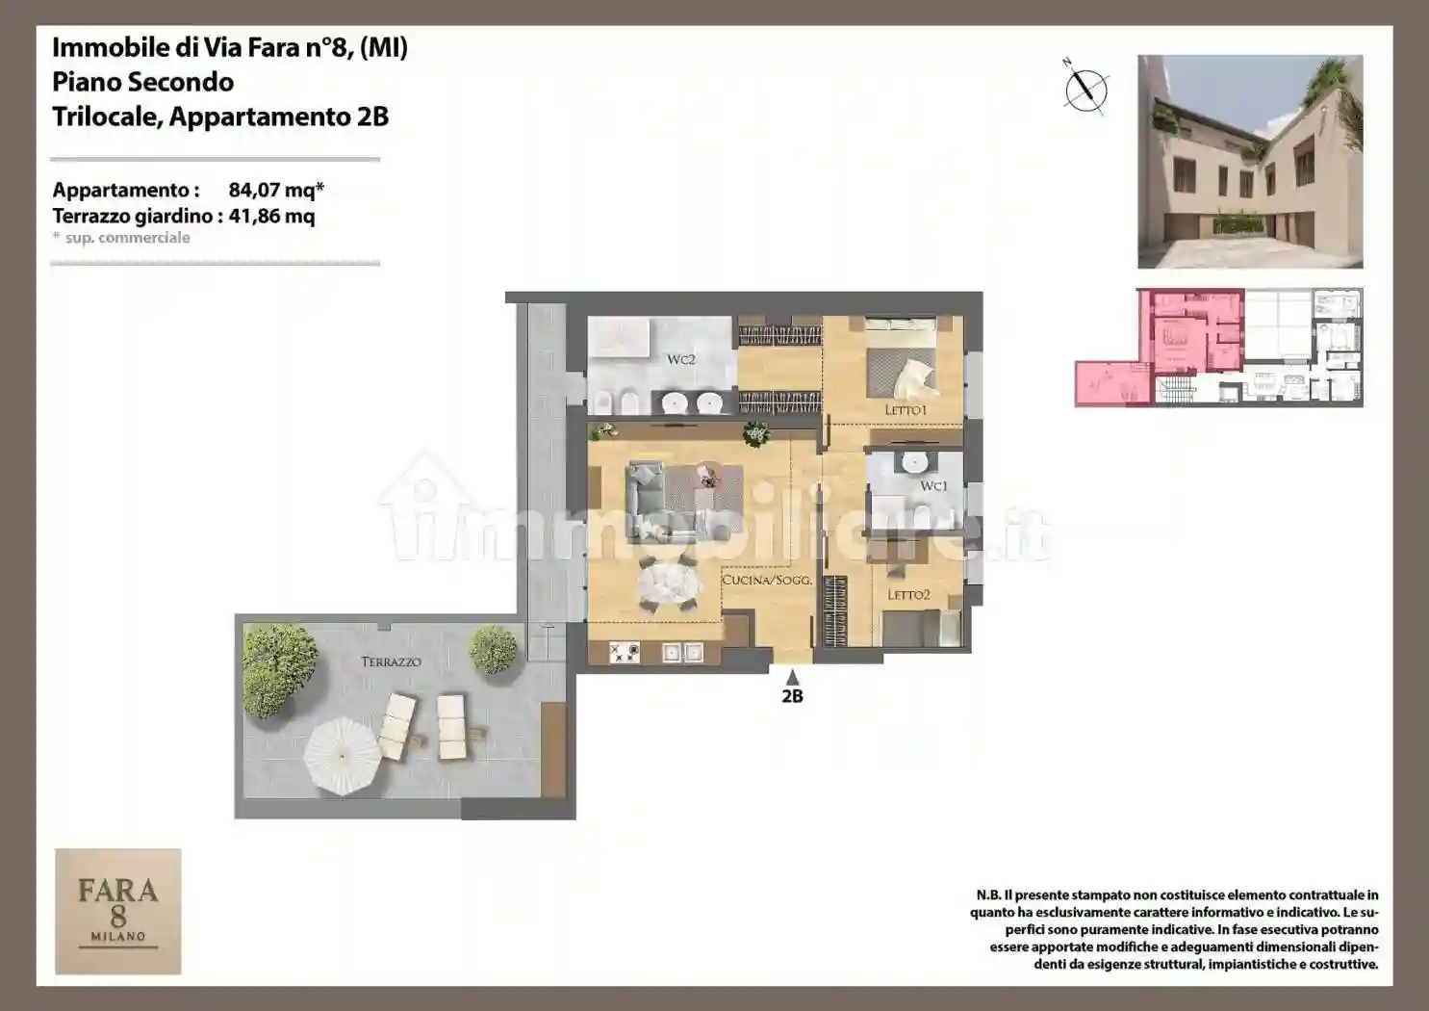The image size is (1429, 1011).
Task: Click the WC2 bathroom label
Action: point(680,359)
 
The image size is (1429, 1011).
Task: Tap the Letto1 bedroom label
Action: point(906,410)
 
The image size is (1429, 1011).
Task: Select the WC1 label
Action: point(933,485)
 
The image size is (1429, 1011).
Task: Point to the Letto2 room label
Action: point(908,595)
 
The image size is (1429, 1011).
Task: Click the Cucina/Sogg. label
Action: point(767,581)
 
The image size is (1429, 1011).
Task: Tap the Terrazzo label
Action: point(391,661)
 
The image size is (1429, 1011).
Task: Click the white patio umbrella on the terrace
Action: point(344,757)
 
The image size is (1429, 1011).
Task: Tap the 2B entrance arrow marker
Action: point(792,677)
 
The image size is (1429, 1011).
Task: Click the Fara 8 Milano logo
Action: point(118,911)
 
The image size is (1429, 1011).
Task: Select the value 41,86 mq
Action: point(271,216)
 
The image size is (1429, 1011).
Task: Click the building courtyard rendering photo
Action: point(1250,162)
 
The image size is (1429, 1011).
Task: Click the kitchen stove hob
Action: point(624,652)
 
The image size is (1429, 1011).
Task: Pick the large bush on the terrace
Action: point(279,670)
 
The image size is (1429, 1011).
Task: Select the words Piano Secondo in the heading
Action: point(142,82)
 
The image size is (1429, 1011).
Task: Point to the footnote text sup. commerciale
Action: point(128,238)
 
